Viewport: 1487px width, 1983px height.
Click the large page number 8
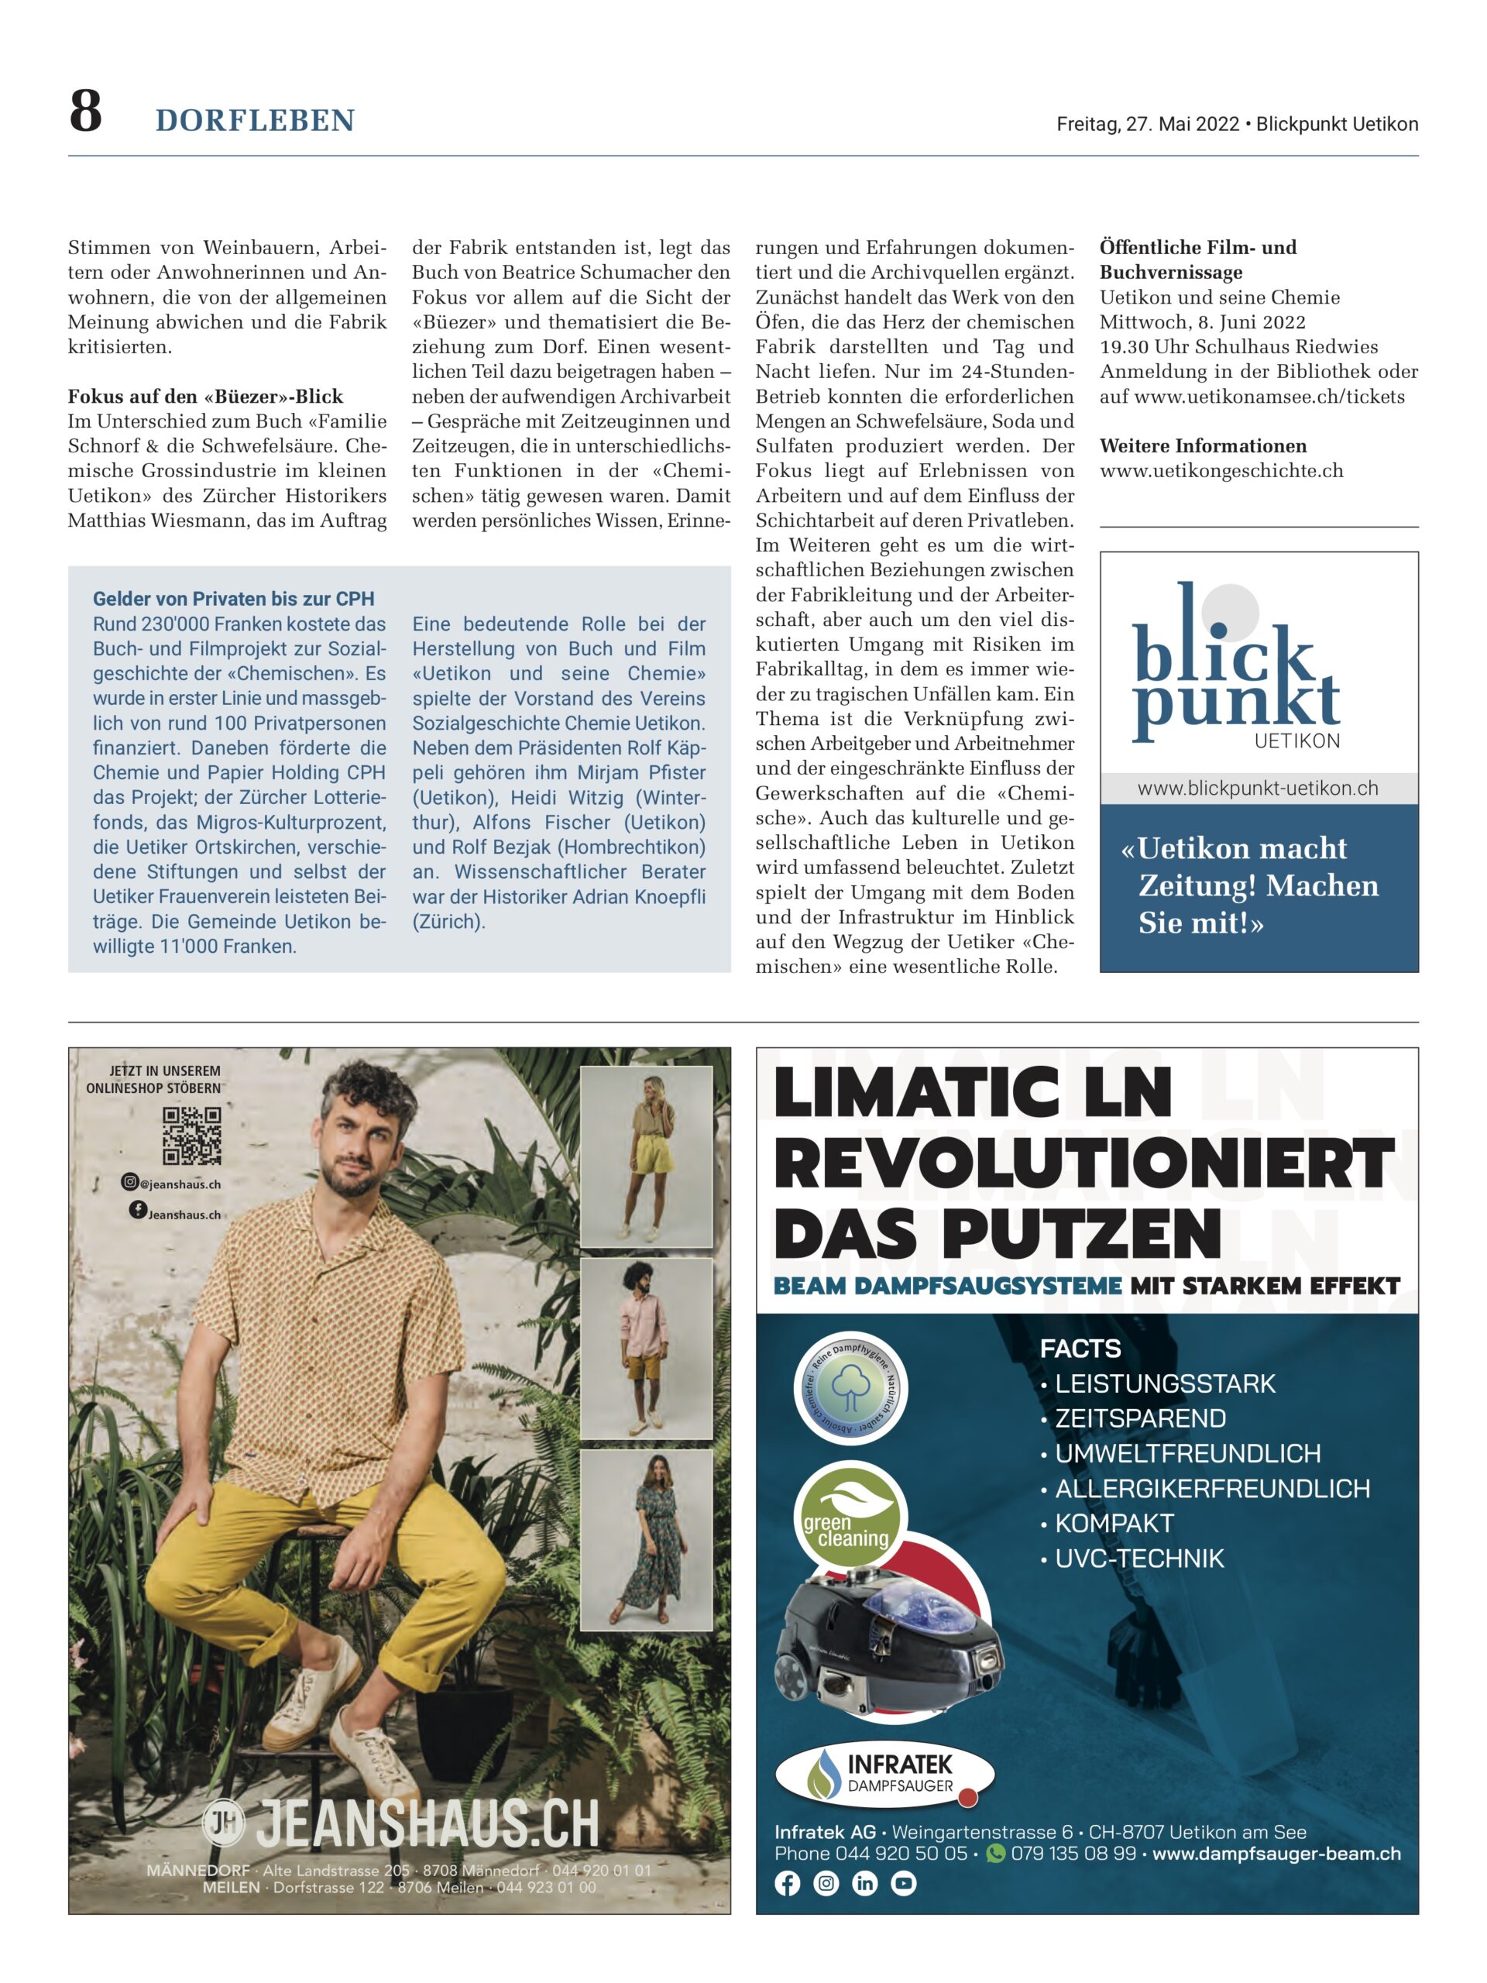point(86,113)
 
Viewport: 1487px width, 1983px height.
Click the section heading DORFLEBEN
point(256,120)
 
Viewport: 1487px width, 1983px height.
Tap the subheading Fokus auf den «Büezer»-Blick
point(205,397)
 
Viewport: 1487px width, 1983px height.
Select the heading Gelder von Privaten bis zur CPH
point(233,599)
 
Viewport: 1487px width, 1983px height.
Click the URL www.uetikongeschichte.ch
point(1221,471)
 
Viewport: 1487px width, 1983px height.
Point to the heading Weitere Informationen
point(1203,445)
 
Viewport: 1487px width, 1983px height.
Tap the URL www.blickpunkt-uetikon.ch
point(1258,788)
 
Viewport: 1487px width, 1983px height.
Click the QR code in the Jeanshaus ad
point(192,1135)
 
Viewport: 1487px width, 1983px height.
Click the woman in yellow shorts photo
point(646,1156)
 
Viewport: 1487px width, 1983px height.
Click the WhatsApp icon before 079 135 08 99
point(995,1853)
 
